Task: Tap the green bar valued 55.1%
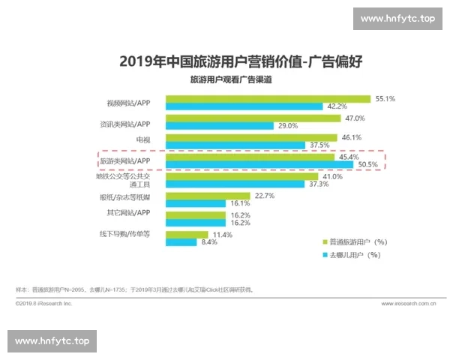pyautogui.click(x=268, y=98)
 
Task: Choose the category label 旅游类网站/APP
pyautogui.click(x=126, y=160)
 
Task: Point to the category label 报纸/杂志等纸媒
pyautogui.click(x=124, y=199)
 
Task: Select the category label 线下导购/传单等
pyautogui.click(x=125, y=234)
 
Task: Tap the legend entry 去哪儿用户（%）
pyautogui.click(x=352, y=255)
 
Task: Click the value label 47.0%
pyautogui.click(x=355, y=118)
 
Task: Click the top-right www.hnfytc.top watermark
pyautogui.click(x=397, y=18)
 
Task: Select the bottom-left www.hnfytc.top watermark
pyautogui.click(x=52, y=341)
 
